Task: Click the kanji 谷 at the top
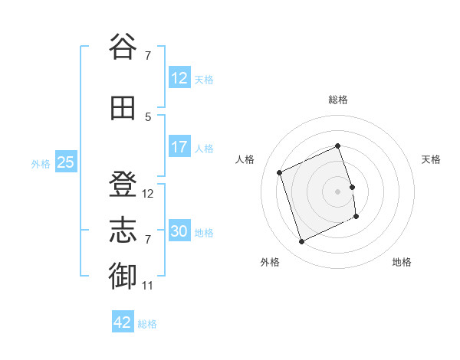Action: click(x=123, y=46)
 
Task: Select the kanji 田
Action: click(x=123, y=108)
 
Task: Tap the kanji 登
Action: click(x=123, y=184)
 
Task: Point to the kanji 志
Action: click(x=123, y=230)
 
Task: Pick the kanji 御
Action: click(x=123, y=276)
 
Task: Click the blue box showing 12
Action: click(x=179, y=77)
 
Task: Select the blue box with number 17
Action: click(x=179, y=146)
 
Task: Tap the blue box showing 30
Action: click(x=179, y=230)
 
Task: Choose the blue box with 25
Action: click(x=66, y=162)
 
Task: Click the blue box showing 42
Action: click(x=123, y=321)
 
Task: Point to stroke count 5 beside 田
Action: click(x=148, y=117)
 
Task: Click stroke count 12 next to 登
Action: click(x=147, y=194)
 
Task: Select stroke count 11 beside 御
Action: click(x=147, y=286)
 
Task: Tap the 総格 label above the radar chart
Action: click(x=338, y=100)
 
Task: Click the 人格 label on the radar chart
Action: click(x=245, y=159)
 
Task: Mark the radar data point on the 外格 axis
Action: click(x=301, y=241)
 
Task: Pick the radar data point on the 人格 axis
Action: click(x=279, y=172)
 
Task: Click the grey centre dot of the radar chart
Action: click(x=337, y=191)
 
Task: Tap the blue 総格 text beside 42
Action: click(x=147, y=324)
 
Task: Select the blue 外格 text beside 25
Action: click(x=41, y=164)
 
